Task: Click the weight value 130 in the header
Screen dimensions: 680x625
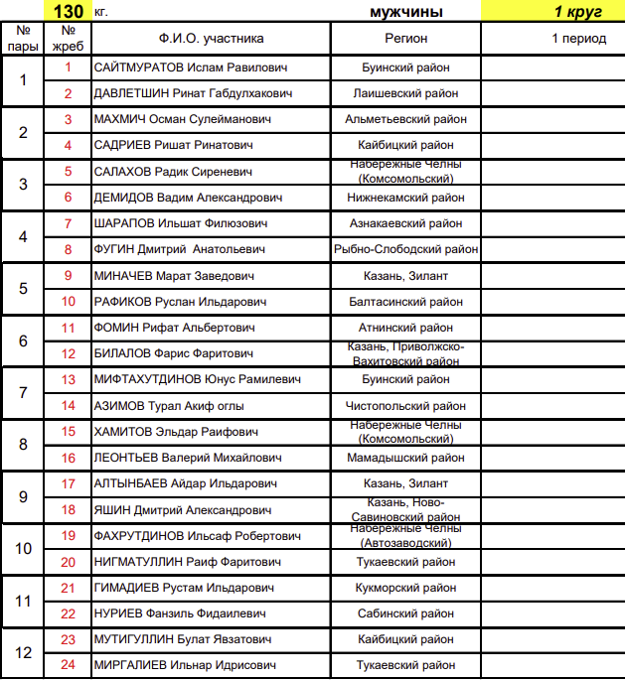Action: pyautogui.click(x=69, y=11)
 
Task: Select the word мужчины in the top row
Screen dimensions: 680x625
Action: pyautogui.click(x=405, y=12)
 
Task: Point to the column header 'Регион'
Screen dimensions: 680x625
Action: pyautogui.click(x=405, y=39)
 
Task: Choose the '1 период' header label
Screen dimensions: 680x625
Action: pyautogui.click(x=578, y=39)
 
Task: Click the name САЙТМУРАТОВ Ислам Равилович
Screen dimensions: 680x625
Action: pyautogui.click(x=190, y=68)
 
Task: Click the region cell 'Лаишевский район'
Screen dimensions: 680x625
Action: pyautogui.click(x=405, y=93)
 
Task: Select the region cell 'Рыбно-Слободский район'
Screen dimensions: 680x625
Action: pyautogui.click(x=405, y=250)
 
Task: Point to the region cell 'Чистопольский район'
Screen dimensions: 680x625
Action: pyautogui.click(x=405, y=406)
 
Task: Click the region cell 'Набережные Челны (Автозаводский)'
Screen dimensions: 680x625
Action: pyautogui.click(x=405, y=536)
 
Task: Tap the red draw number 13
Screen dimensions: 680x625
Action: pyautogui.click(x=69, y=379)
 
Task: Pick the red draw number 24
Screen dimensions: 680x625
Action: pyautogui.click(x=69, y=665)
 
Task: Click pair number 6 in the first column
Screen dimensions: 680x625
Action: pyautogui.click(x=24, y=340)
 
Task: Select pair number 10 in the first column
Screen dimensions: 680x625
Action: pyautogui.click(x=24, y=549)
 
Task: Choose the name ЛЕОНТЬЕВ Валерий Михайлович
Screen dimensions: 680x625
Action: pyautogui.click(x=188, y=458)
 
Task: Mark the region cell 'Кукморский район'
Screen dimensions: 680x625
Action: pyautogui.click(x=405, y=588)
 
